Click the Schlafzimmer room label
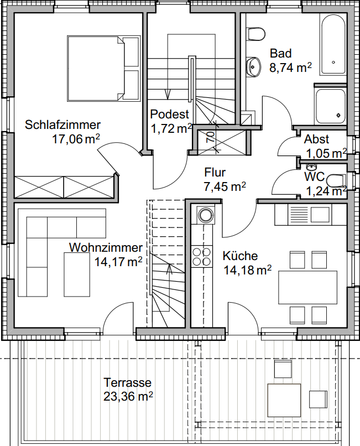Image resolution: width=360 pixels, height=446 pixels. point(62,125)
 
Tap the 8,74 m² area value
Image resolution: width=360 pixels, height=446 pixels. point(290,68)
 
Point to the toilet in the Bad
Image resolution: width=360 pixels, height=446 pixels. point(256,34)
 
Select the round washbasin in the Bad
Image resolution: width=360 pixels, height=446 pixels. point(253,67)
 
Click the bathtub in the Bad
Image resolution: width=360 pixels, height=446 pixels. point(333,44)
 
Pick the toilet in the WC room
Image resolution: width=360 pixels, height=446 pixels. point(336,180)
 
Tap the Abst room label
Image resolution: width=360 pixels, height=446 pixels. point(316,139)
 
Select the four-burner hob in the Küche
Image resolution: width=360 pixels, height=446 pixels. point(202,256)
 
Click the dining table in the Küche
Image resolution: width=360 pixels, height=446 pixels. point(307,287)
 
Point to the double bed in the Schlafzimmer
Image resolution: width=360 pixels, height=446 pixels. point(104,68)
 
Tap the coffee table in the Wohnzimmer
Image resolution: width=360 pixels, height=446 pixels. point(77,274)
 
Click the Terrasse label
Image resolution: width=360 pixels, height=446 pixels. point(127,382)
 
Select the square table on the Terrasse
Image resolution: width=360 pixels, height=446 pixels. point(284,400)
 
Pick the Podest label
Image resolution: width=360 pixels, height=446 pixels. point(169,114)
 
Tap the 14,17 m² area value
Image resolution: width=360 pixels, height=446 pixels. point(118,262)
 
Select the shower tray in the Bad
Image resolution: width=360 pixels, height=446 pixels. point(330,106)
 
